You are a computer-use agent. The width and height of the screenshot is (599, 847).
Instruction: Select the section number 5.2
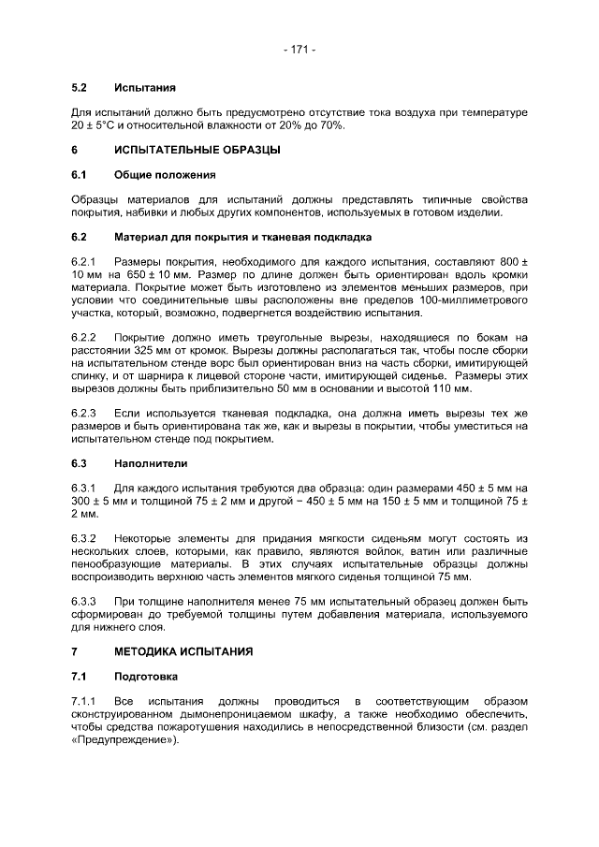[80, 88]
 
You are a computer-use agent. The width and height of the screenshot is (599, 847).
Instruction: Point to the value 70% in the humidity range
[331, 124]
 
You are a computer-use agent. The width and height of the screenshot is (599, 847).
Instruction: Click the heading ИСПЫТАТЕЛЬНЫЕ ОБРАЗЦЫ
[197, 150]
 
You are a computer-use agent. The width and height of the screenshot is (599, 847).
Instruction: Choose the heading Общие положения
[165, 175]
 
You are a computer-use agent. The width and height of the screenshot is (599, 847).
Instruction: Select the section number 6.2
[80, 237]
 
